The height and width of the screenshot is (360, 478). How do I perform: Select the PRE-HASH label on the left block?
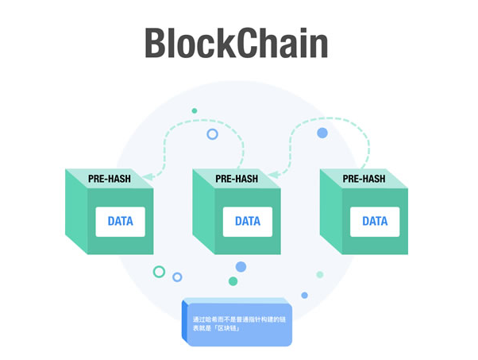point(110,180)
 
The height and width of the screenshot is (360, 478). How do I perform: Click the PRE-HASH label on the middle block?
point(237,180)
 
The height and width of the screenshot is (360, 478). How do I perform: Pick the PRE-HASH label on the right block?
point(364,180)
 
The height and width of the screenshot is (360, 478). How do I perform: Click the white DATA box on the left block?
point(121,221)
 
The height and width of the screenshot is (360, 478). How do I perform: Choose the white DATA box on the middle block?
point(248,221)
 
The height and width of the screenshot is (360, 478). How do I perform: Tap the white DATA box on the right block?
point(375,221)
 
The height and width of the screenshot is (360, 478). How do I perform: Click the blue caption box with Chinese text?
point(237,323)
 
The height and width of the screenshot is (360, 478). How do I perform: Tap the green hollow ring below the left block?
point(159,272)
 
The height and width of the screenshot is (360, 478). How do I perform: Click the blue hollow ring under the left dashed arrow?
point(212,134)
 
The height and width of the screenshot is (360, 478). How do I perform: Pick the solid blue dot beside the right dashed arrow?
point(322,133)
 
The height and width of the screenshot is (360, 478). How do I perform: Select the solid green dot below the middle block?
point(233,281)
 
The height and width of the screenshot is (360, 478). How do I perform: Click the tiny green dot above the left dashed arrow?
point(194,110)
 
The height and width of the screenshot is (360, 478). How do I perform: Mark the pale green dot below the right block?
point(320,274)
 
